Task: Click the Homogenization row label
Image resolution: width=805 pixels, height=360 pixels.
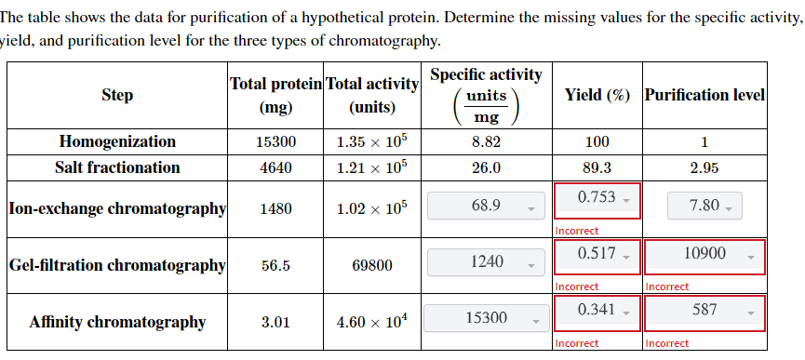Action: point(117,142)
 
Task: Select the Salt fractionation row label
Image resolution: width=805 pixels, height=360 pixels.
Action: point(117,168)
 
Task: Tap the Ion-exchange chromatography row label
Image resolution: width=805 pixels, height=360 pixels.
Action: point(117,208)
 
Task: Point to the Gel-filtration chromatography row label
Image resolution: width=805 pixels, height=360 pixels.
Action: point(117,266)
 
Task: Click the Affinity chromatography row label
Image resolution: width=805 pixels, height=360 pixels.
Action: point(117,323)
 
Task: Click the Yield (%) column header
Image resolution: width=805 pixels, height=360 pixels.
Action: point(597,95)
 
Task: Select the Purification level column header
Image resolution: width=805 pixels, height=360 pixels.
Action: point(704,95)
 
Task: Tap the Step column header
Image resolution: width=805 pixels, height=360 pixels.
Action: point(117,95)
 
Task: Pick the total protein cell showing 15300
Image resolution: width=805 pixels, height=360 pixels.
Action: point(275,142)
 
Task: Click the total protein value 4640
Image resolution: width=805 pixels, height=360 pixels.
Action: point(275,168)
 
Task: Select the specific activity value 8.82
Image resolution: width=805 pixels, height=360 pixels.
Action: point(486,142)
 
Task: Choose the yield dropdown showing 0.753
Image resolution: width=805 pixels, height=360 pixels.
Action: point(597,199)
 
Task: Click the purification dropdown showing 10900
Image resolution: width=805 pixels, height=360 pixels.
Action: point(704,256)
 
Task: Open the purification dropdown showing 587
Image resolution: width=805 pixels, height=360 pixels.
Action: point(704,312)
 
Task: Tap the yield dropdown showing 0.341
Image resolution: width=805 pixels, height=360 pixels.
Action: point(597,312)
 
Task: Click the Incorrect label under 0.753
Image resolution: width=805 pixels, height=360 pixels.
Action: point(577,231)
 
